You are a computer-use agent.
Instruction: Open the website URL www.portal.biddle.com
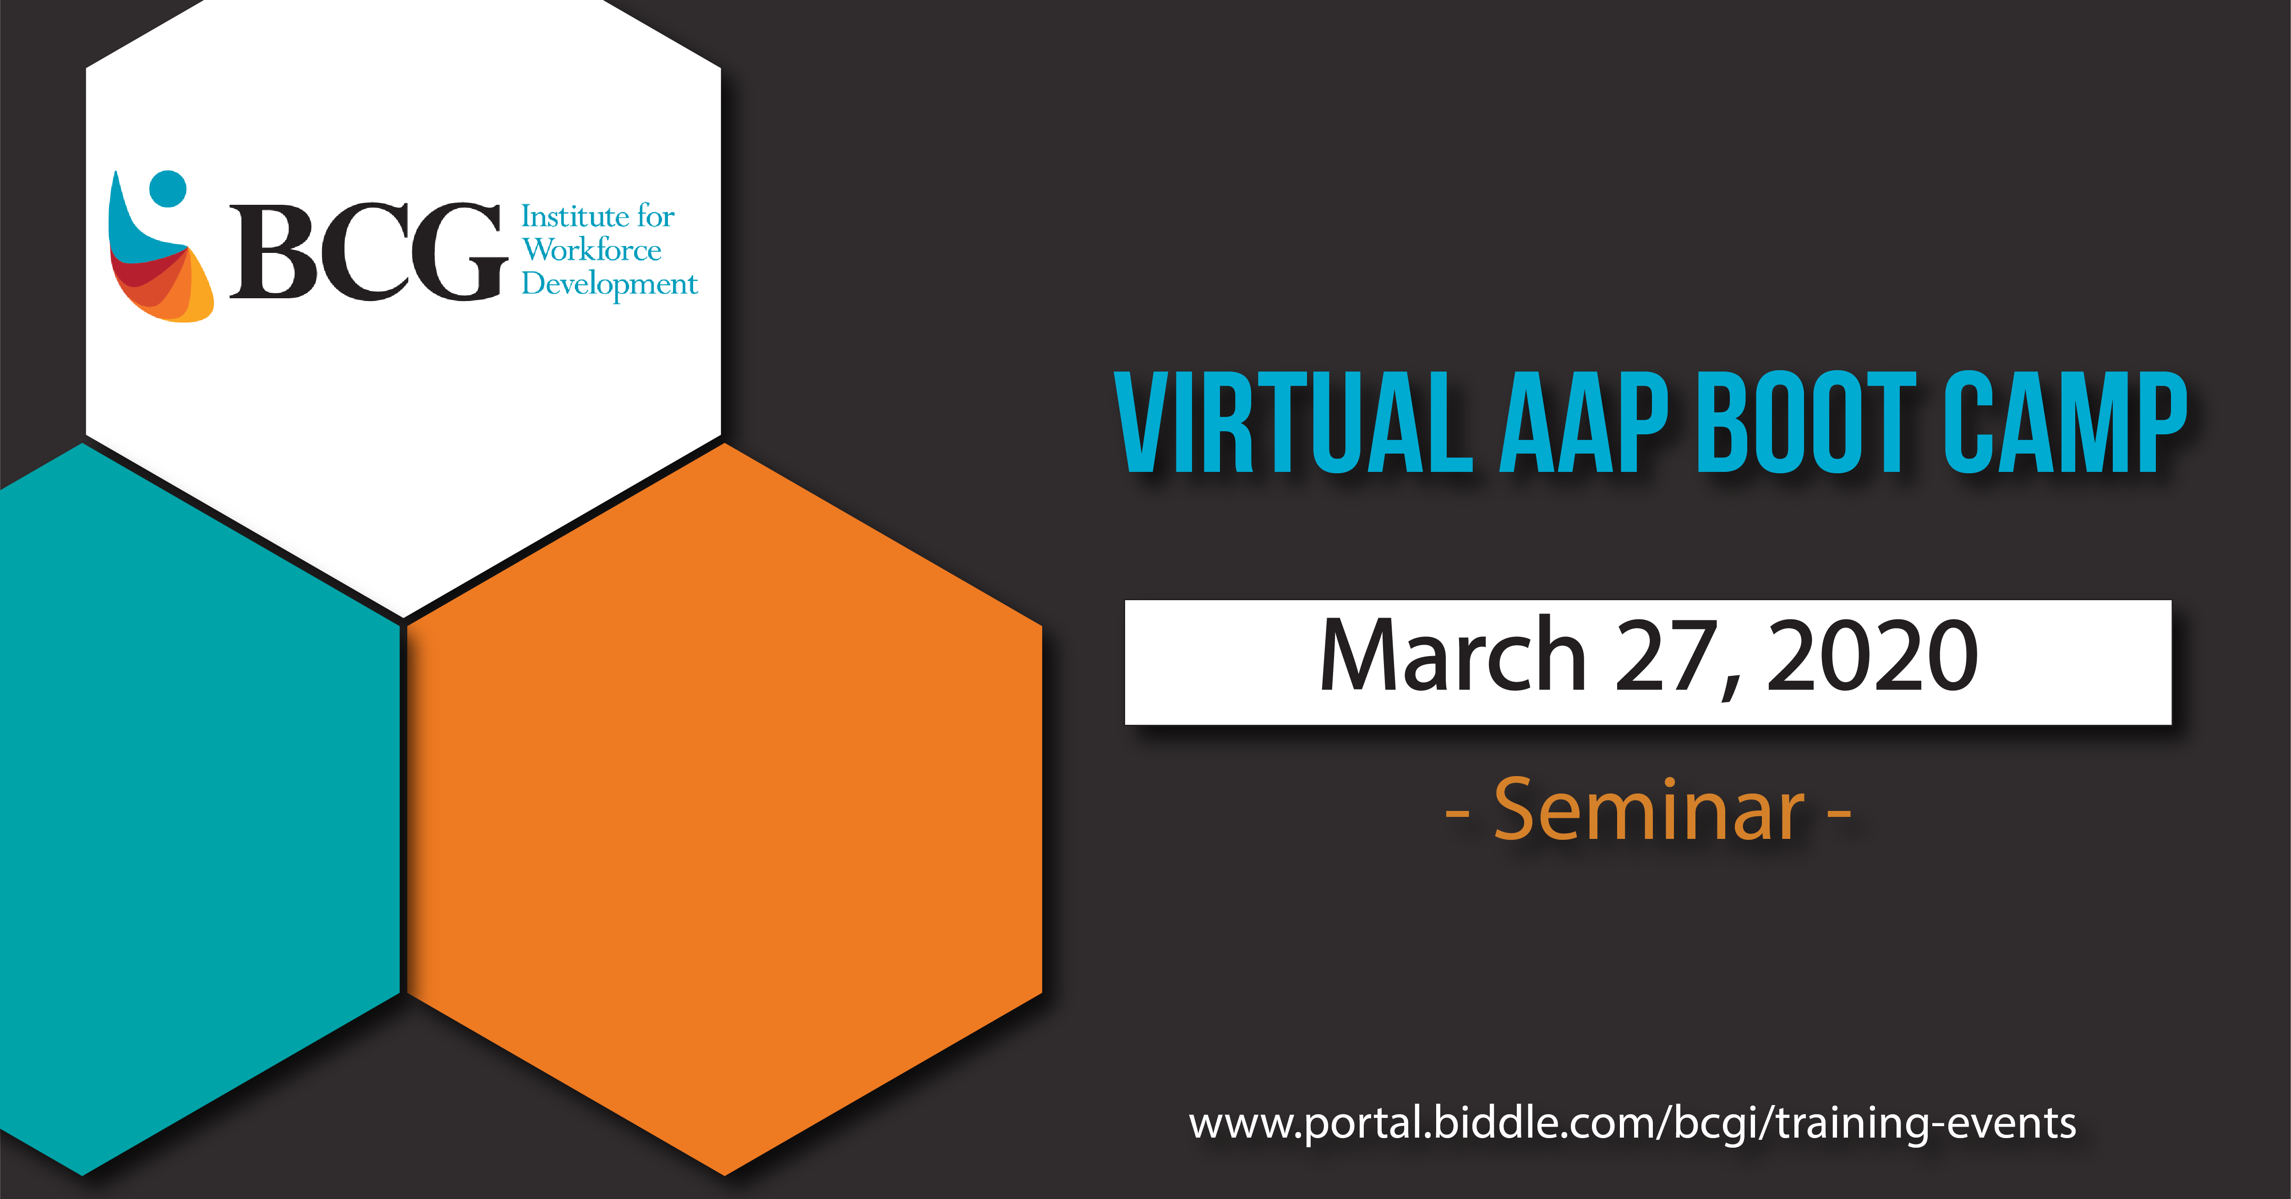[1632, 1122]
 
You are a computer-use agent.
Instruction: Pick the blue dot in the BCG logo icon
[168, 188]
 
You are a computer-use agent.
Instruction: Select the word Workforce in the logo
[591, 250]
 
